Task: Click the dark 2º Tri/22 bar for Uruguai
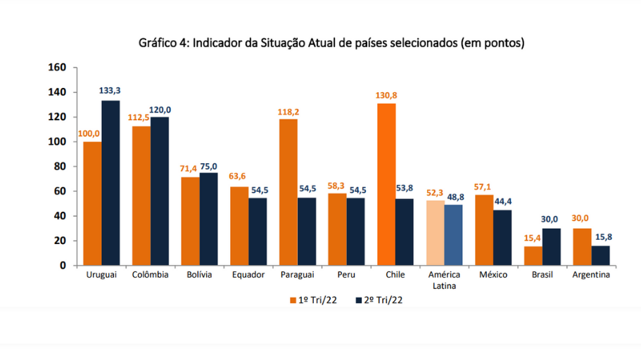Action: (110, 183)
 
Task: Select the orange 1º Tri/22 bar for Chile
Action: (386, 184)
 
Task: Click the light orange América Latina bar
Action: (435, 233)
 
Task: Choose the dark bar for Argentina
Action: (600, 255)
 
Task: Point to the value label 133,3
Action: (111, 90)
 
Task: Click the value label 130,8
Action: (386, 95)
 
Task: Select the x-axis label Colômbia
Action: (150, 274)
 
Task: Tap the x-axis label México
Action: (493, 274)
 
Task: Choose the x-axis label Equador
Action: (248, 274)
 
